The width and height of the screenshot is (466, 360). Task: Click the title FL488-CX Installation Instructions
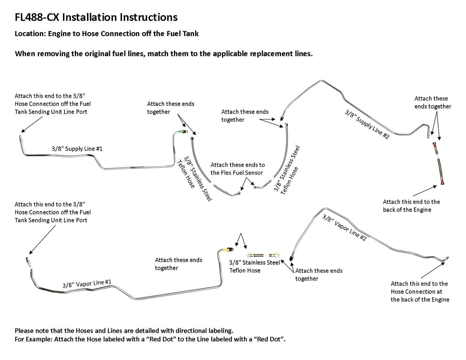pos(96,17)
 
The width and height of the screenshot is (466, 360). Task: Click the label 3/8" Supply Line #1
pos(77,149)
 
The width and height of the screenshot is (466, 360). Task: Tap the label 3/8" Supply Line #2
pos(367,124)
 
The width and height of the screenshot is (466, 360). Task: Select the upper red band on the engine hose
pos(434,145)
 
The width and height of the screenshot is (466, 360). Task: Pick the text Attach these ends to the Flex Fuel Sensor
pos(237,169)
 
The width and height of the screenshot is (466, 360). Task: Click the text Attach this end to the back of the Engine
pos(411,206)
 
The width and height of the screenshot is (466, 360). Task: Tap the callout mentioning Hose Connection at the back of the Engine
pos(420,292)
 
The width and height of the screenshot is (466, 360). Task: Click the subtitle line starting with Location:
pos(107,34)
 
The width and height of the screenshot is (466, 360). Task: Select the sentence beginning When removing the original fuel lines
pos(163,54)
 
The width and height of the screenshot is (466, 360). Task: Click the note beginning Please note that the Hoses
pos(124,331)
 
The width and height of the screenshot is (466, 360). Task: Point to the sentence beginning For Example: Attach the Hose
pos(150,340)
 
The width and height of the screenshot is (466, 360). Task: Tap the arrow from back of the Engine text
pos(424,191)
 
